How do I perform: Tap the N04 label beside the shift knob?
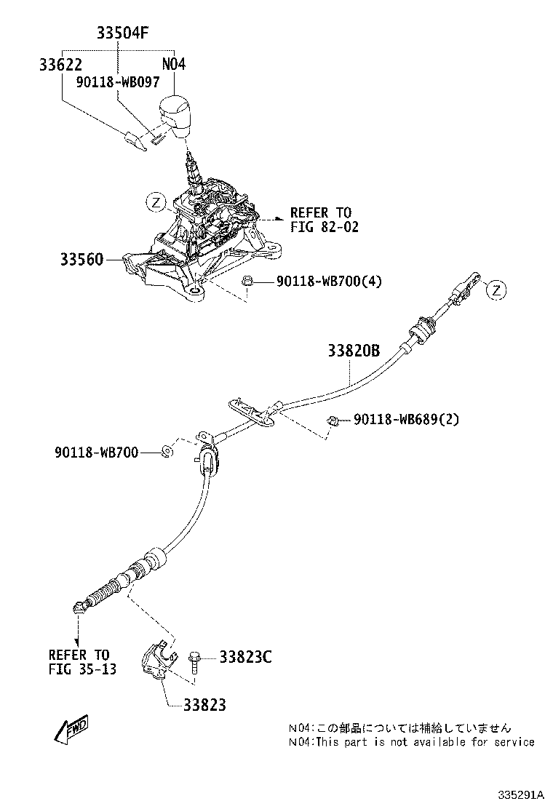[174, 64]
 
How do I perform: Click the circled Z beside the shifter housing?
[156, 202]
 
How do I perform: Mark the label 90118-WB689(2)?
[407, 419]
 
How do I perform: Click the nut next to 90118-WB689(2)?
[332, 420]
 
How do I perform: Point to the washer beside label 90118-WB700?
[167, 452]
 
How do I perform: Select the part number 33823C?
[245, 658]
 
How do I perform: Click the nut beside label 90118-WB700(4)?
[246, 280]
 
